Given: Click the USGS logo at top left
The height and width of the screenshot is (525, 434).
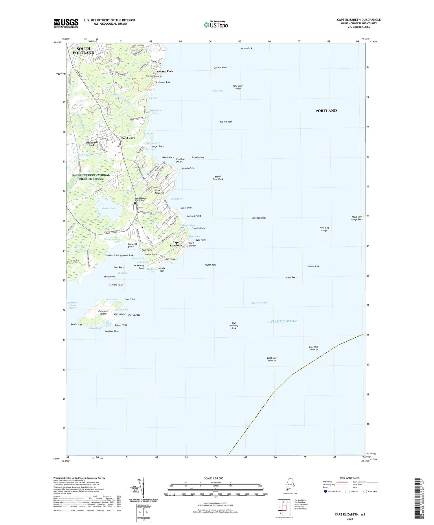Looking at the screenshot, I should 66,23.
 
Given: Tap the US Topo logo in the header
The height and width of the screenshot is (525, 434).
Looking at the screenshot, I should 216,25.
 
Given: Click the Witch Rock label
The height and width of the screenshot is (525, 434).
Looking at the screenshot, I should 246,48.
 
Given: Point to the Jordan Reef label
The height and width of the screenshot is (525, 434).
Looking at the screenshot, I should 220,67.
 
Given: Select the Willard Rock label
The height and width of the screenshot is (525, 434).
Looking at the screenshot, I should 226,122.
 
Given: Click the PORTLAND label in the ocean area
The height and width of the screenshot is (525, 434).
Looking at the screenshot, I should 326,111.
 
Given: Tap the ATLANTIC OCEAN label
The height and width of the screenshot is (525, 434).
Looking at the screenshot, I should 282,321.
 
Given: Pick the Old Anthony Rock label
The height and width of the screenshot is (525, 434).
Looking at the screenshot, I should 234,325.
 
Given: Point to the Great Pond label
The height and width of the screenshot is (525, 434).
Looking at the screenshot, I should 108,208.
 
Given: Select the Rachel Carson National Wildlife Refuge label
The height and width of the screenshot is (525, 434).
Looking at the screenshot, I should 91,177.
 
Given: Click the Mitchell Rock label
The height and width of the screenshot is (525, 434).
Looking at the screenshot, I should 259,218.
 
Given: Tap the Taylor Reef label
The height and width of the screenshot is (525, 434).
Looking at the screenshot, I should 210,265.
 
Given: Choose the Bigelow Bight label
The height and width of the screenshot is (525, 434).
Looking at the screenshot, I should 260,303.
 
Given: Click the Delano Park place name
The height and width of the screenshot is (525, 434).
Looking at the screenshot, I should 165,71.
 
